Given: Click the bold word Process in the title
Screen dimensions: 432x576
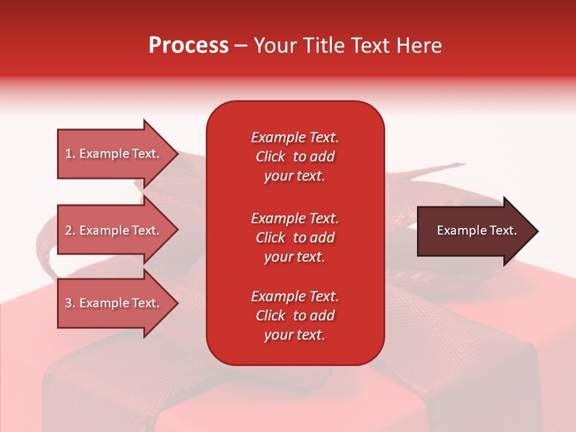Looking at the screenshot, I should tap(188, 46).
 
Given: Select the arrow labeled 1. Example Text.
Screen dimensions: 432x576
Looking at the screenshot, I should tap(114, 154).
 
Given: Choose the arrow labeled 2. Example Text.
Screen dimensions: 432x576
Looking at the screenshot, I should tap(114, 230).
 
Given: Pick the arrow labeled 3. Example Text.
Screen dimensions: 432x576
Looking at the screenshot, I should tap(114, 303).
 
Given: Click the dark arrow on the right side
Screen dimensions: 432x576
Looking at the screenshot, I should tap(474, 231).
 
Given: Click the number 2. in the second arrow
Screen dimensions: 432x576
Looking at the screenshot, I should tap(70, 230).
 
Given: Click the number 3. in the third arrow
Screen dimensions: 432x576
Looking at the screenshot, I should tap(70, 303).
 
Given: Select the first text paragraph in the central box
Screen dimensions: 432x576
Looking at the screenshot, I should tap(295, 157).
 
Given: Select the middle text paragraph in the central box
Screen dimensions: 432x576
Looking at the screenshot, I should tap(295, 238).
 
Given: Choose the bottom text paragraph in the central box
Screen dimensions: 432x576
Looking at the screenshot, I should tap(295, 316).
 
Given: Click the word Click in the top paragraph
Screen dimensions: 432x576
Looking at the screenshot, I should tap(270, 157).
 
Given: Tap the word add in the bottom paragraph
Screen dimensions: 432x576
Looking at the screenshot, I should tap(323, 316).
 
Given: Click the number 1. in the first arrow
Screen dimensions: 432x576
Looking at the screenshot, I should tap(70, 154).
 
